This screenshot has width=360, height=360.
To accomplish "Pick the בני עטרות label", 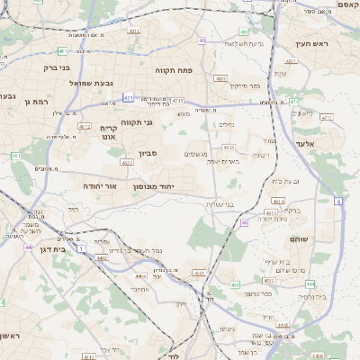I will [219, 204].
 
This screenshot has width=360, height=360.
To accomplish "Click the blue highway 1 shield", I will [80, 247].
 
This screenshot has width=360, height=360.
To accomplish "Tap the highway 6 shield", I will [339, 203].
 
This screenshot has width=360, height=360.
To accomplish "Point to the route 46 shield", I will [245, 221].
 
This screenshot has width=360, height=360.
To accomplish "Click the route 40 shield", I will [202, 40].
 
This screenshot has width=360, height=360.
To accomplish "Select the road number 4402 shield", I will [102, 257].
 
